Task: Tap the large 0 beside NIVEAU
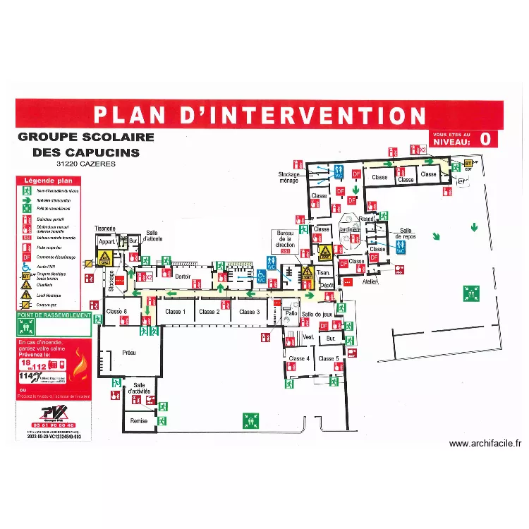[x=485, y=139]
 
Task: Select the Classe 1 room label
[x=175, y=312]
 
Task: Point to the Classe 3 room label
[x=248, y=312]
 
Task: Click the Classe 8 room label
[x=116, y=311]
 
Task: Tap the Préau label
[x=128, y=352]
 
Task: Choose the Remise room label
[x=139, y=421]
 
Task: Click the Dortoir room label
[x=183, y=276]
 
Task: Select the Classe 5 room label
[x=328, y=359]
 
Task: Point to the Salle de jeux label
[x=317, y=314]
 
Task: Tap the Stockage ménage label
[x=288, y=177]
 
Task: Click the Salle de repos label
[x=406, y=233]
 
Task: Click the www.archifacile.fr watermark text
[x=485, y=444]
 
